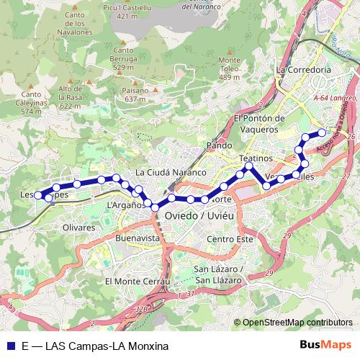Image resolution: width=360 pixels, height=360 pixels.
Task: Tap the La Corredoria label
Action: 303,70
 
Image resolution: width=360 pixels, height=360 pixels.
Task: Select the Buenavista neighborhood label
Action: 137,237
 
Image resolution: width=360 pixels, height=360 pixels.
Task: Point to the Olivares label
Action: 78,228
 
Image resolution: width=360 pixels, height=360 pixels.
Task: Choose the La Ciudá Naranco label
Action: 171,173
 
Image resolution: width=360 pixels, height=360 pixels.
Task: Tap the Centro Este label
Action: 230,239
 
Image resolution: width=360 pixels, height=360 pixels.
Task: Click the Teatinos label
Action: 256,158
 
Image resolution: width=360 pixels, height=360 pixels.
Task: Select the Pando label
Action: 220,145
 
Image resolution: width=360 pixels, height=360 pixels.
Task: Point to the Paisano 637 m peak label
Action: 136,95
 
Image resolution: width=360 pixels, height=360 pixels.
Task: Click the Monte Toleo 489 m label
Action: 229,68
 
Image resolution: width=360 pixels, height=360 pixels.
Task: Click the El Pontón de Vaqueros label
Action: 260,124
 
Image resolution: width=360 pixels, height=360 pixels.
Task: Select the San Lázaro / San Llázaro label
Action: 219,274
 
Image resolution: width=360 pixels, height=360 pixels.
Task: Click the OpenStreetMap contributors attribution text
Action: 297,323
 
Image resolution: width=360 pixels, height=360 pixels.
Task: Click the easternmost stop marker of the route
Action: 322,132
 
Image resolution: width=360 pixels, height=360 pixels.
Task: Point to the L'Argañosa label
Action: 127,206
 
